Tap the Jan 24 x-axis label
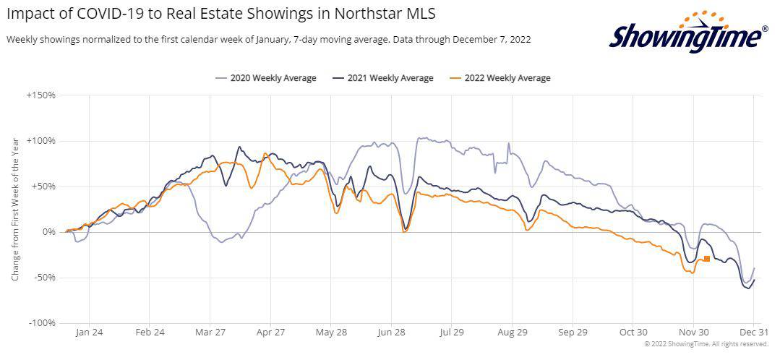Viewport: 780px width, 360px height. coord(89,333)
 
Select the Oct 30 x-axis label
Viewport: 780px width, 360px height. coord(633,333)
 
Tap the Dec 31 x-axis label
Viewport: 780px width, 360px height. coord(753,333)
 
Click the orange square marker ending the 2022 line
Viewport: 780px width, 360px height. coord(706,258)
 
